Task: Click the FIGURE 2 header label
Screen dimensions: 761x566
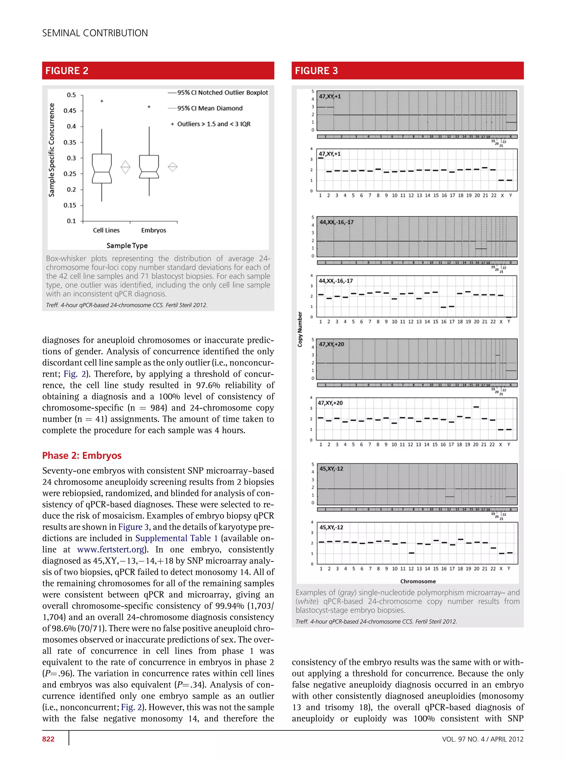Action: pyautogui.click(x=67, y=71)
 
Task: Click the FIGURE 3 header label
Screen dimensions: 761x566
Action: pyautogui.click(x=316, y=71)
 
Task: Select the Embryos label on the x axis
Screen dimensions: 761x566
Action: pyautogui.click(x=153, y=230)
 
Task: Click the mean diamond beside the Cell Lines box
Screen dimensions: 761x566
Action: pyautogui.click(x=125, y=167)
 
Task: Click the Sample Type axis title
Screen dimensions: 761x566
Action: pyautogui.click(x=127, y=246)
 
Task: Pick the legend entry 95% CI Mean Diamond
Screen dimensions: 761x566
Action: pyautogui.click(x=210, y=108)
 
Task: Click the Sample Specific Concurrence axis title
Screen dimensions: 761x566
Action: pyautogui.click(x=51, y=150)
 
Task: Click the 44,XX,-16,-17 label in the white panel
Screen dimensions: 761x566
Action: pyautogui.click(x=336, y=281)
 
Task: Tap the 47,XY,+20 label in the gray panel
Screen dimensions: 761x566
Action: pyautogui.click(x=331, y=344)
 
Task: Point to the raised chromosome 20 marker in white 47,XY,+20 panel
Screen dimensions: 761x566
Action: pyautogui.click(x=476, y=407)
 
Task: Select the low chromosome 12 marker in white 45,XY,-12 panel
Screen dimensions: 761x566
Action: pyautogui.click(x=412, y=553)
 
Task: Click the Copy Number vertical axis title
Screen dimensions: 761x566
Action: pyautogui.click(x=300, y=329)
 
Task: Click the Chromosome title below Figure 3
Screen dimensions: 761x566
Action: pyautogui.click(x=418, y=581)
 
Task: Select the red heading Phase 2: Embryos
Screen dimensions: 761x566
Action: pyautogui.click(x=82, y=455)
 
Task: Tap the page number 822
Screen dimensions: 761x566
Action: pyautogui.click(x=48, y=739)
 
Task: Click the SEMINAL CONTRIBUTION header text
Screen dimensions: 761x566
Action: pyautogui.click(x=95, y=33)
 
